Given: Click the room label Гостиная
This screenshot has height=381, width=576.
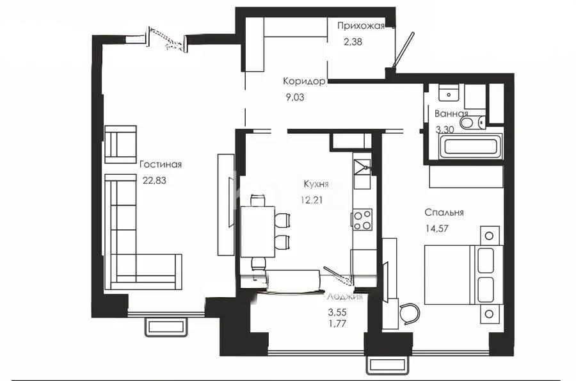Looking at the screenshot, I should click(x=161, y=165).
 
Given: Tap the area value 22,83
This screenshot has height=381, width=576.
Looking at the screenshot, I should click(x=154, y=181).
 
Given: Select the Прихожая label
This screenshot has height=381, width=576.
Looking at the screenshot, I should click(x=361, y=26).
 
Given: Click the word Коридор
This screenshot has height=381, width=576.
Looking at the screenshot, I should click(x=305, y=81).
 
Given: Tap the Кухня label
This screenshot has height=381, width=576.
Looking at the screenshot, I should click(x=316, y=184).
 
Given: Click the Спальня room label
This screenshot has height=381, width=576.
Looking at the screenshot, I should click(x=444, y=213).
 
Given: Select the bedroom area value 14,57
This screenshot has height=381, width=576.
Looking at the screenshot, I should click(x=438, y=229).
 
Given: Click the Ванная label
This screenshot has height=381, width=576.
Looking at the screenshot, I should click(x=451, y=113).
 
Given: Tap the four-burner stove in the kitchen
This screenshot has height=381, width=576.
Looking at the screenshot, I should click(x=362, y=220).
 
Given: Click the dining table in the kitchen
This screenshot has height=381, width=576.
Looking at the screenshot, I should click(x=258, y=231).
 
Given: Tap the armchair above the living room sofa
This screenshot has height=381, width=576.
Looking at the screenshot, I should click(x=121, y=143).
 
